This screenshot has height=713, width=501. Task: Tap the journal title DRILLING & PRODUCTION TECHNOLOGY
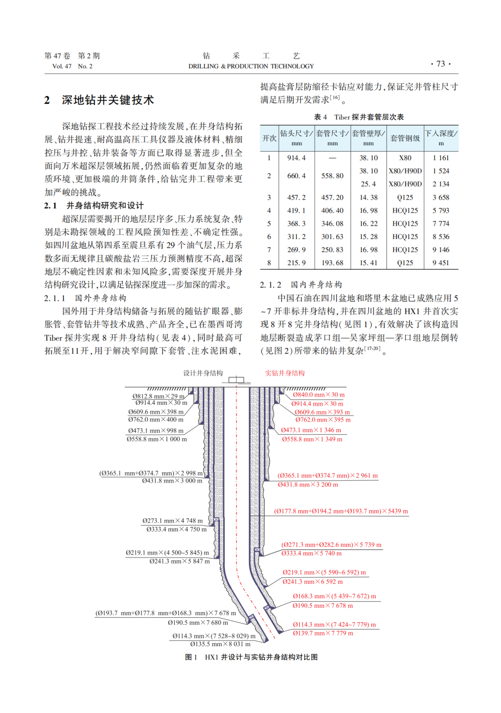pyautogui.click(x=251, y=66)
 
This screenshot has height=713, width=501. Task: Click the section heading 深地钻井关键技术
pyautogui.click(x=108, y=100)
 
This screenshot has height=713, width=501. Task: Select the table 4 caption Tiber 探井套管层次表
pyautogui.click(x=359, y=117)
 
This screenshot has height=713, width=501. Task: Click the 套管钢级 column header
pyautogui.click(x=405, y=138)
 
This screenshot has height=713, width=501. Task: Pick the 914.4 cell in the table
pyautogui.click(x=296, y=158)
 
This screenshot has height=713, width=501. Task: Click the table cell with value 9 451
pyautogui.click(x=441, y=263)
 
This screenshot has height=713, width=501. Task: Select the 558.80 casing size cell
pyautogui.click(x=332, y=176)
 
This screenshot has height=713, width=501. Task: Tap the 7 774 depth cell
pyautogui.click(x=441, y=223)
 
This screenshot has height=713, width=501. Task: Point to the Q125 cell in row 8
pyautogui.click(x=405, y=263)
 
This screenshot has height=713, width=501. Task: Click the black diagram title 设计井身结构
pyautogui.click(x=203, y=373)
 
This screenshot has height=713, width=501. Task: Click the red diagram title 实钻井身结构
pyautogui.click(x=285, y=373)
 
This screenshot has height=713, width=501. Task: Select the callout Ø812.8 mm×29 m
pyautogui.click(x=158, y=396)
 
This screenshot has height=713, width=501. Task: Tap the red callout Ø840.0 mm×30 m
pyautogui.click(x=319, y=395)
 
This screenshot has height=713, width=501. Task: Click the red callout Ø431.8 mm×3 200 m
pyautogui.click(x=308, y=485)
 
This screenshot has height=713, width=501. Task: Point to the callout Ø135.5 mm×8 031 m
pyautogui.click(x=220, y=644)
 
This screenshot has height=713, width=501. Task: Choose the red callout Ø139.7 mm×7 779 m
pyautogui.click(x=323, y=633)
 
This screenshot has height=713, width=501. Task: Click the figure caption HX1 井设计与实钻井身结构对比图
pyautogui.click(x=261, y=657)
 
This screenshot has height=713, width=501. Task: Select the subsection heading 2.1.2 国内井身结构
pyautogui.click(x=301, y=285)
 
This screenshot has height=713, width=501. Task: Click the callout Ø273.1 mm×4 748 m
pyautogui.click(x=173, y=521)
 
